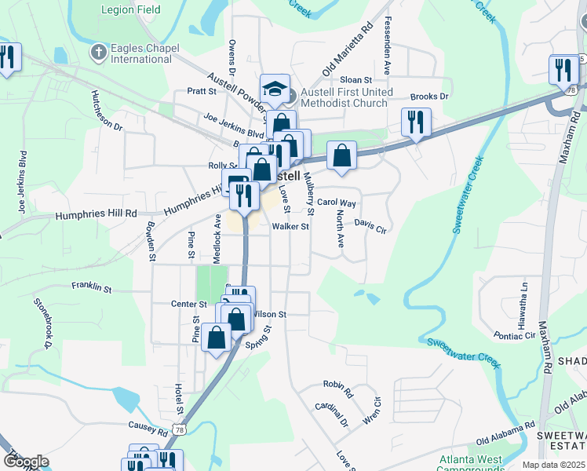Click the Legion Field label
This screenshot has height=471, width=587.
[x=131, y=10]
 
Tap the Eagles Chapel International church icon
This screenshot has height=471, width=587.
[x=98, y=53]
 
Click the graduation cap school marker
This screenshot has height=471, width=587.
[x=275, y=89]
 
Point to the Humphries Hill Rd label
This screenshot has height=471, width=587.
[x=96, y=214]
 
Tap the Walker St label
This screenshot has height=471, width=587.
[x=291, y=227]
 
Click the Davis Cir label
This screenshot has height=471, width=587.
[x=370, y=225]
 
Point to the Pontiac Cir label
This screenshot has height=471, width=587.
[x=514, y=335]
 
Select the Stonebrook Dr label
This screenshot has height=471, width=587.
[x=42, y=323]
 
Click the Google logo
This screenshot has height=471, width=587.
[x=26, y=462]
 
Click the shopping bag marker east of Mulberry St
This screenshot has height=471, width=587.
[x=342, y=155]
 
